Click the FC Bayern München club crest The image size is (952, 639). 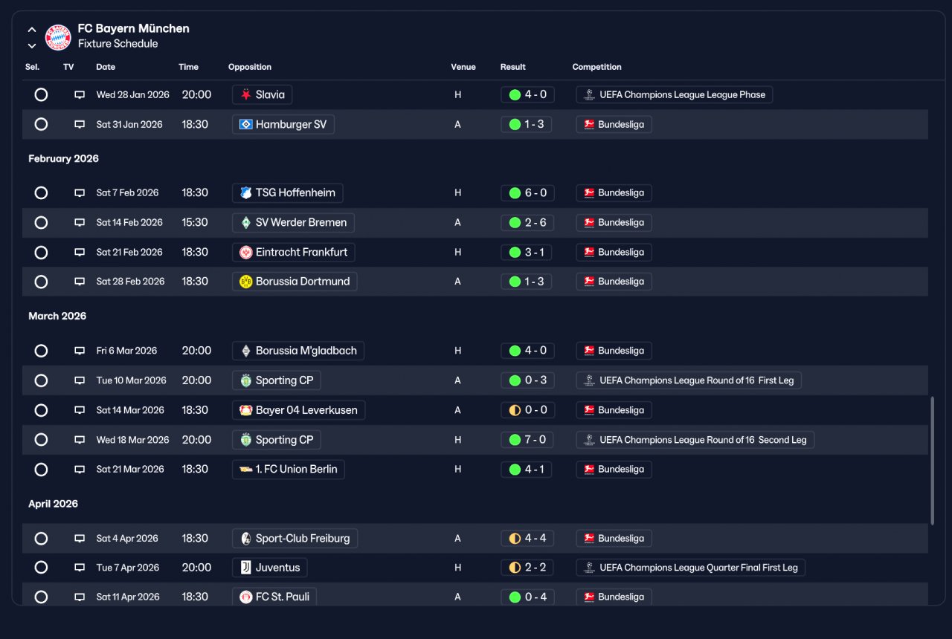[58, 37]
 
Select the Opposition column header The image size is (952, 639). [249, 67]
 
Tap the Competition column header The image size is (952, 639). [596, 67]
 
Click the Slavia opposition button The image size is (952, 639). [263, 94]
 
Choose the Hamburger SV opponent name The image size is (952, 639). [291, 124]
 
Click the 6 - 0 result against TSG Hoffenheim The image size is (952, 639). [527, 192]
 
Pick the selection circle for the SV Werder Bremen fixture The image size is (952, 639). [41, 222]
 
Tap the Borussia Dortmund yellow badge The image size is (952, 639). [245, 282]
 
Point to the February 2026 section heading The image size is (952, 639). [63, 158]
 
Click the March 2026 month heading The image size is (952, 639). [57, 316]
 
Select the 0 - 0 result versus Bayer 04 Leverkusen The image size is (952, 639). [527, 410]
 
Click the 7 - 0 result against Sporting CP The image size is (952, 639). [527, 439]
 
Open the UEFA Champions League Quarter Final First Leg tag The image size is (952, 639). [691, 567]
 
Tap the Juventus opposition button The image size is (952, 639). [270, 567]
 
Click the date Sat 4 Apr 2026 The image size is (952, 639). [127, 539]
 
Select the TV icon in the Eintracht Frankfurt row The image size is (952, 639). [80, 252]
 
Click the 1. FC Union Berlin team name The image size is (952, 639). [296, 469]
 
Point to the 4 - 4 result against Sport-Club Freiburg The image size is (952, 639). [527, 539]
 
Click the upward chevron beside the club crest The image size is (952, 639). [32, 30]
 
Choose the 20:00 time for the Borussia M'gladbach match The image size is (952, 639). [196, 351]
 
